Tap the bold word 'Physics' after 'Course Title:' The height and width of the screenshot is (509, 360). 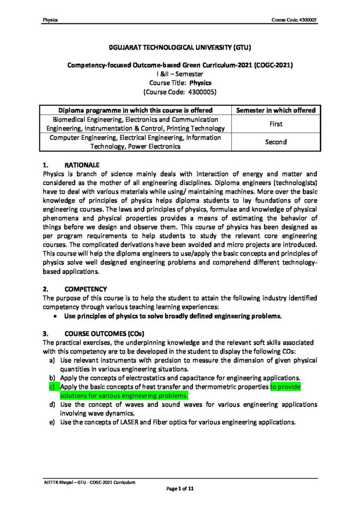click(201, 83)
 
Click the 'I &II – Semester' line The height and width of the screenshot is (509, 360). click(180, 74)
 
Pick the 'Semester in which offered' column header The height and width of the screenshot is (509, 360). click(275, 110)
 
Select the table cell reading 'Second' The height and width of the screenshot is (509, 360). click(275, 142)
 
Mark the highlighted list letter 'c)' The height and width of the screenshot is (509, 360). click(51, 386)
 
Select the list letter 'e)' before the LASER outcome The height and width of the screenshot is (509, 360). click(51, 423)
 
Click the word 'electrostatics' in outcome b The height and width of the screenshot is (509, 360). click(147, 378)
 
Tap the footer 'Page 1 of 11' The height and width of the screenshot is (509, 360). click(180, 490)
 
